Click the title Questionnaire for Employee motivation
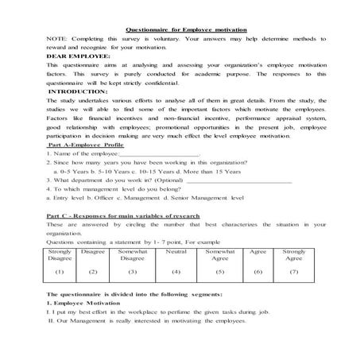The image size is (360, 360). pos(180,29)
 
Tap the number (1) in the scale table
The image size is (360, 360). pos(60,272)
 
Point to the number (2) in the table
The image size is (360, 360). pos(93,272)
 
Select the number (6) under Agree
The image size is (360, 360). pos(258,272)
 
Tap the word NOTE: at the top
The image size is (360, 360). pos(56,40)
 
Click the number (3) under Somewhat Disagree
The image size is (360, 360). pos(132,272)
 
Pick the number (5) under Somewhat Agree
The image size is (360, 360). pos(220,272)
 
